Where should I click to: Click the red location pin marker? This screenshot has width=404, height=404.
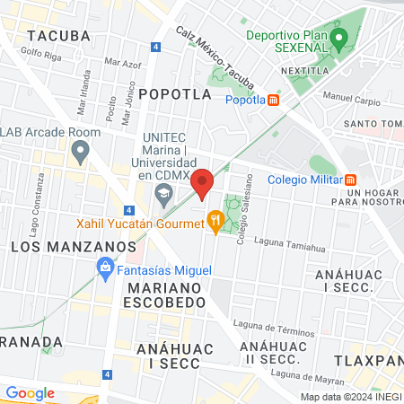click(x=202, y=182)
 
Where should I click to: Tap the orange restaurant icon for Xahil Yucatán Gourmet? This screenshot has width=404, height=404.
click(x=215, y=219)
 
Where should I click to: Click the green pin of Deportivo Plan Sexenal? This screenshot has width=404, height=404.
click(x=338, y=39)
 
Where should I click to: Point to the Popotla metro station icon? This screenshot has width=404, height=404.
click(x=274, y=100)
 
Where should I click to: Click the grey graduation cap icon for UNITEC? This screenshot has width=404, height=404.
click(x=163, y=193)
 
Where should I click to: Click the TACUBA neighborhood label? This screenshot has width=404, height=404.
click(x=59, y=36)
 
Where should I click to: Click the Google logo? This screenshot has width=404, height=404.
click(x=31, y=392)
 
